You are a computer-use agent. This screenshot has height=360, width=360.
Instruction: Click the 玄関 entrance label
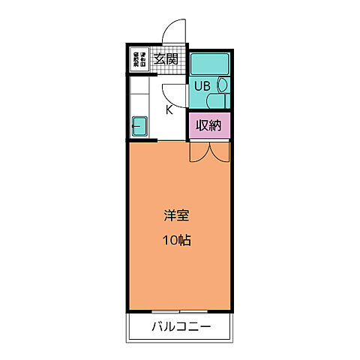(165, 59)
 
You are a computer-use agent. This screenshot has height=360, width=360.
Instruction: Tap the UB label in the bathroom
(202, 85)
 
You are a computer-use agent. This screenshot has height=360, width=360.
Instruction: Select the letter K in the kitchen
(169, 109)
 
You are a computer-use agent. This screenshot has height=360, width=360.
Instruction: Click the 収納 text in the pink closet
(208, 125)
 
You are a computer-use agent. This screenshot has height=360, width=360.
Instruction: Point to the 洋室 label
(177, 216)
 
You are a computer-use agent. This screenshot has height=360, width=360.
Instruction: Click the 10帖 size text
(177, 241)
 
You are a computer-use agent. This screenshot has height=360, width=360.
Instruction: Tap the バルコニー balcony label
(181, 327)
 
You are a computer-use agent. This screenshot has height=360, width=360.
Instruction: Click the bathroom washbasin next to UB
(222, 85)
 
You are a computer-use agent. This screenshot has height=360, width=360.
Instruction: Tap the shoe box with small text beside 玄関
(139, 59)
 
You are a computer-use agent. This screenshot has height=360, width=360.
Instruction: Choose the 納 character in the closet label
(215, 125)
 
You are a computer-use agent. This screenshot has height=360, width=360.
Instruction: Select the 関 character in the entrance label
(172, 59)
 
